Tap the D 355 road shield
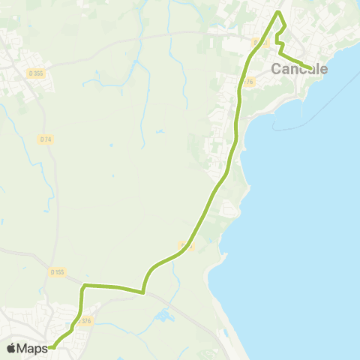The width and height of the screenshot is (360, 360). (x=35, y=73)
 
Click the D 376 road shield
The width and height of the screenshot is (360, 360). (x=83, y=321)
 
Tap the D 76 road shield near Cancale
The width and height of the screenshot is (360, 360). (x=249, y=82)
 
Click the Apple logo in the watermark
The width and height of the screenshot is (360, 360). (x=11, y=348)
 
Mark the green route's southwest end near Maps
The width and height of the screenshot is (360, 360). (x=52, y=347)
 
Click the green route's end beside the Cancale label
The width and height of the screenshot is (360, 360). (x=310, y=69)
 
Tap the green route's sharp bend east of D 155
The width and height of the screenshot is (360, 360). (x=85, y=286)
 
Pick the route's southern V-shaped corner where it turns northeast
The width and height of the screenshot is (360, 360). (x=142, y=292)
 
